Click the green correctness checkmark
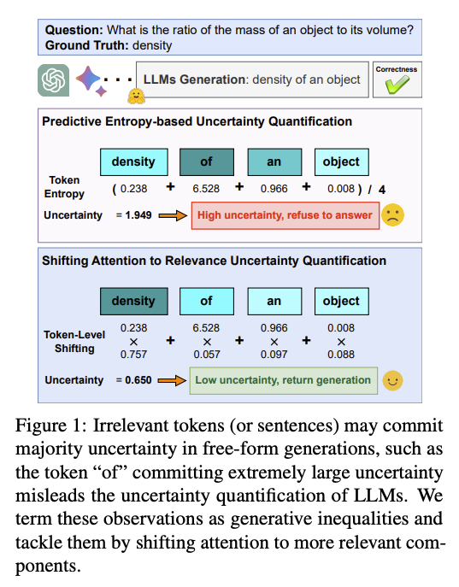coord(397,84)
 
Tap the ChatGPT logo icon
coord(54,80)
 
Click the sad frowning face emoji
coord(392,214)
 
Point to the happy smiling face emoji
coord(392,380)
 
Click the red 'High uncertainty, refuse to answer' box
coord(285,214)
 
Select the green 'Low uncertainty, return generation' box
coord(283,380)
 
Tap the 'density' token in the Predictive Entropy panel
coord(133,161)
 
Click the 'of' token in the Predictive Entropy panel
coord(206,161)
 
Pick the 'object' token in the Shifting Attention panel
coord(341,301)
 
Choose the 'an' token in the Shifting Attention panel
coord(274,301)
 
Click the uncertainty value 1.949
coord(138,215)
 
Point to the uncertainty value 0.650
coord(138,380)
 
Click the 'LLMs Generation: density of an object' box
coord(252,79)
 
